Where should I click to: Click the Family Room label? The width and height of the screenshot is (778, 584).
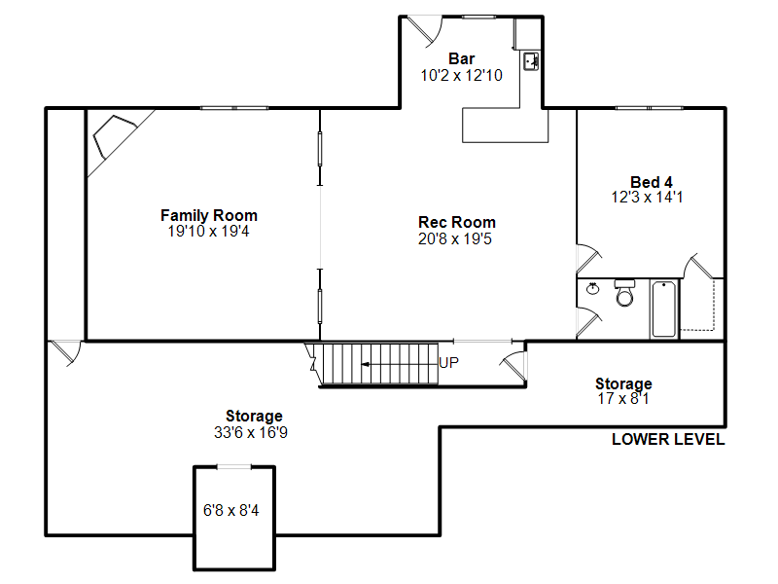[209, 215]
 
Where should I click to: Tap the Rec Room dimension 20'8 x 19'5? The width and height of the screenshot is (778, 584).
[456, 237]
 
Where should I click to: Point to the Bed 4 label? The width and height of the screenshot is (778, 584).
[651, 182]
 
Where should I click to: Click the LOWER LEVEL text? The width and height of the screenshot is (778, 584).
[667, 440]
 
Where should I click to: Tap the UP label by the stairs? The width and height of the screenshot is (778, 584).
[449, 363]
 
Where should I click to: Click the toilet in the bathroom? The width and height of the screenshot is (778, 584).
[624, 292]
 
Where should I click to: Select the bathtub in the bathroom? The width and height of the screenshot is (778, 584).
[663, 309]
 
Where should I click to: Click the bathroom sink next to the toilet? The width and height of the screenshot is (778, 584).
[593, 288]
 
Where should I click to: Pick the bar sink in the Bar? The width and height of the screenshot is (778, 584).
[531, 62]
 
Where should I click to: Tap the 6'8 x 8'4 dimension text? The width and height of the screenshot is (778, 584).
[230, 510]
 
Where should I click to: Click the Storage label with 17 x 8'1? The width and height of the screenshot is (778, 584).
[623, 383]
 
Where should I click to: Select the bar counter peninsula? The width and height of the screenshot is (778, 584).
[506, 125]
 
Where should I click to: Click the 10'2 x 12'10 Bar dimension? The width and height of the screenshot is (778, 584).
[461, 75]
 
